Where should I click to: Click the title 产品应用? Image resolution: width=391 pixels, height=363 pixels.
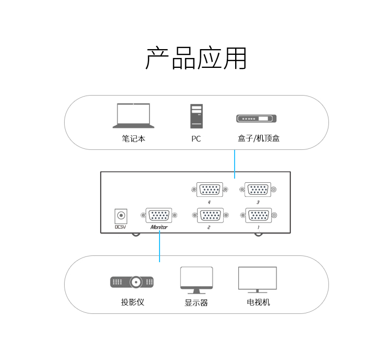point(195,58)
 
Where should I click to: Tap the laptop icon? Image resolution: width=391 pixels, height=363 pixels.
point(133,115)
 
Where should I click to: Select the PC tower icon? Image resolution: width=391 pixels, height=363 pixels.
point(196,116)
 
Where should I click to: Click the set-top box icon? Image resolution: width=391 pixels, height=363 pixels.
point(256,119)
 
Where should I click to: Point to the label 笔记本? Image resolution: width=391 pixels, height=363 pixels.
point(133,139)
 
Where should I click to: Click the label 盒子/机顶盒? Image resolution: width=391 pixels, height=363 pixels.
point(259,139)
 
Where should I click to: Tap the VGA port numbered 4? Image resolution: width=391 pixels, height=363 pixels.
point(210,190)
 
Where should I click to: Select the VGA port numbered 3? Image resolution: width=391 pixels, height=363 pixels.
point(258,190)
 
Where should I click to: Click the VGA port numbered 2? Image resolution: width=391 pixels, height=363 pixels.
point(210,215)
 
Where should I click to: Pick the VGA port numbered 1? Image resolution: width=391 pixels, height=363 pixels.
point(258,215)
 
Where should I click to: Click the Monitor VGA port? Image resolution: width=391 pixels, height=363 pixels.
point(159,215)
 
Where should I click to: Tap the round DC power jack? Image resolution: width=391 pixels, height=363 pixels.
point(121,215)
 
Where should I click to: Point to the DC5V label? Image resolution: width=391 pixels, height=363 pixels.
point(120,227)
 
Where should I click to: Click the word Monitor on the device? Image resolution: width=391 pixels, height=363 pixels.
point(159,228)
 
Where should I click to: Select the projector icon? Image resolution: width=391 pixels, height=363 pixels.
point(132,282)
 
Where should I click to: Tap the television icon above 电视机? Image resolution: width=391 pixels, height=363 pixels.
point(258,279)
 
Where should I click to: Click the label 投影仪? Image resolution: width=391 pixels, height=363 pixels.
point(132,302)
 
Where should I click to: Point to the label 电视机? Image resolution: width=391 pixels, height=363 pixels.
point(259,302)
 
